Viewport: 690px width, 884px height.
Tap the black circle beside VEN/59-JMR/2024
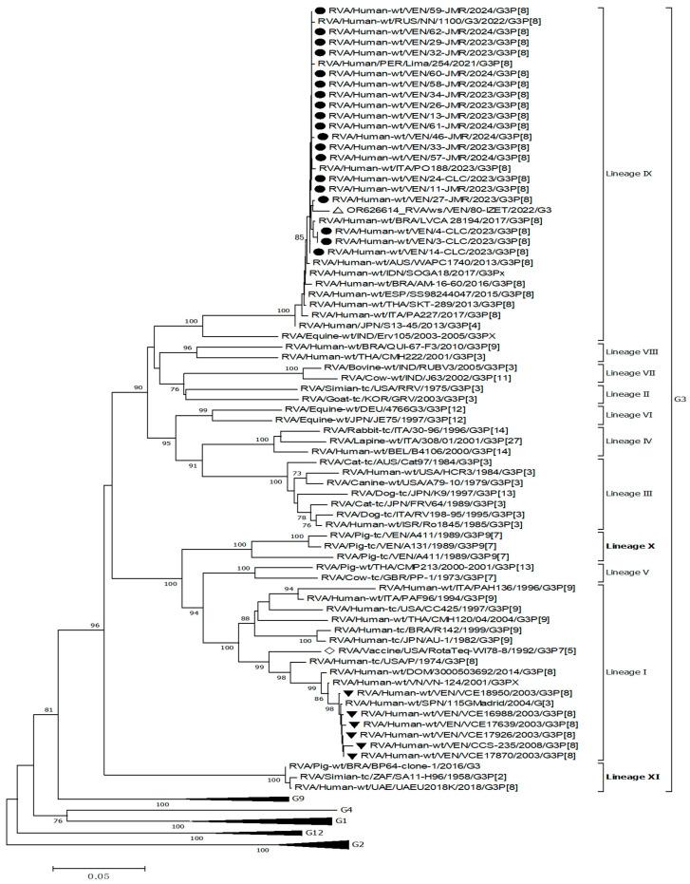321,10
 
